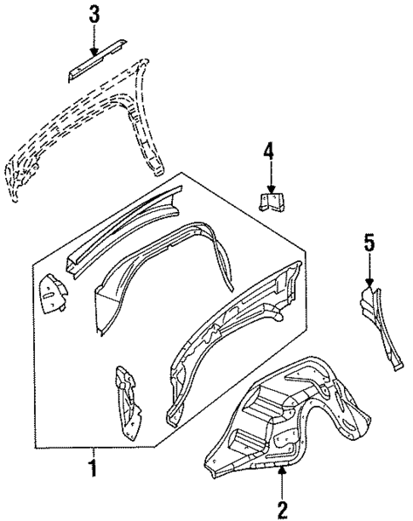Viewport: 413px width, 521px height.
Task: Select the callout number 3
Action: pos(95,13)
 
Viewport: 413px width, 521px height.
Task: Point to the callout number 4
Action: pos(268,153)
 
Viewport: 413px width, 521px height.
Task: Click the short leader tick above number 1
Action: pos(94,451)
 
